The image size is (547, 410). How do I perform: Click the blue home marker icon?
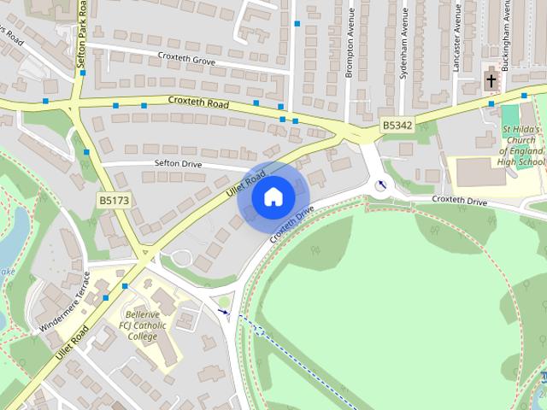coord(272,197)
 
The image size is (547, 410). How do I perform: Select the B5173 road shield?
coord(113,200)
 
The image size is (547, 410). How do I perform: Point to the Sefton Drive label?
coord(177,162)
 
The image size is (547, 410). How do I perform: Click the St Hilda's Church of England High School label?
coord(521,144)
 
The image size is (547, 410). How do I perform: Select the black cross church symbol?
coord(491,80)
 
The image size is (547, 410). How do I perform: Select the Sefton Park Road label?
coord(83,34)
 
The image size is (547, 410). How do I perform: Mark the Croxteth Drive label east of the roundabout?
coord(459,201)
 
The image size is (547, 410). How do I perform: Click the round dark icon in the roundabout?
coord(381,184)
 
